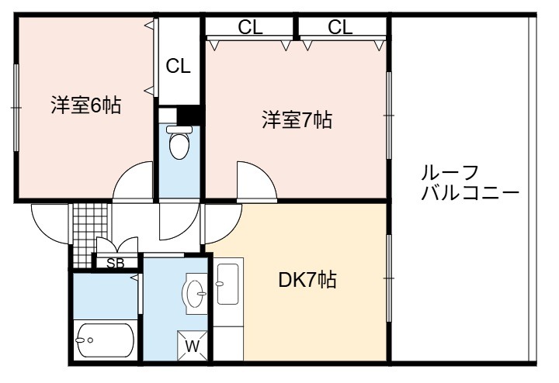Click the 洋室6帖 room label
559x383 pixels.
click(86, 105)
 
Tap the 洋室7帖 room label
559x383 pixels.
click(297, 119)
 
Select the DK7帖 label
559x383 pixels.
click(307, 280)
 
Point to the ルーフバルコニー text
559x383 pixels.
click(470, 183)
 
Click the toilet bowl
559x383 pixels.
click(179, 143)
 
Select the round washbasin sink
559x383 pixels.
click(195, 294)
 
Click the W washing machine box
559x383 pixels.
click(193, 346)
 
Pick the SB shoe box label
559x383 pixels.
click(116, 264)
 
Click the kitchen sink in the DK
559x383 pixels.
click(227, 284)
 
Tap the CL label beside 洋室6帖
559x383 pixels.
click(179, 66)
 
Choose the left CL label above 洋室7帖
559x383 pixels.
click(250, 27)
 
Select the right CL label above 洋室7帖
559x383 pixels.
click(340, 27)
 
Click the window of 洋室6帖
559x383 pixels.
click(16, 108)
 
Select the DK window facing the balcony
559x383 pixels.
click(389, 278)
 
